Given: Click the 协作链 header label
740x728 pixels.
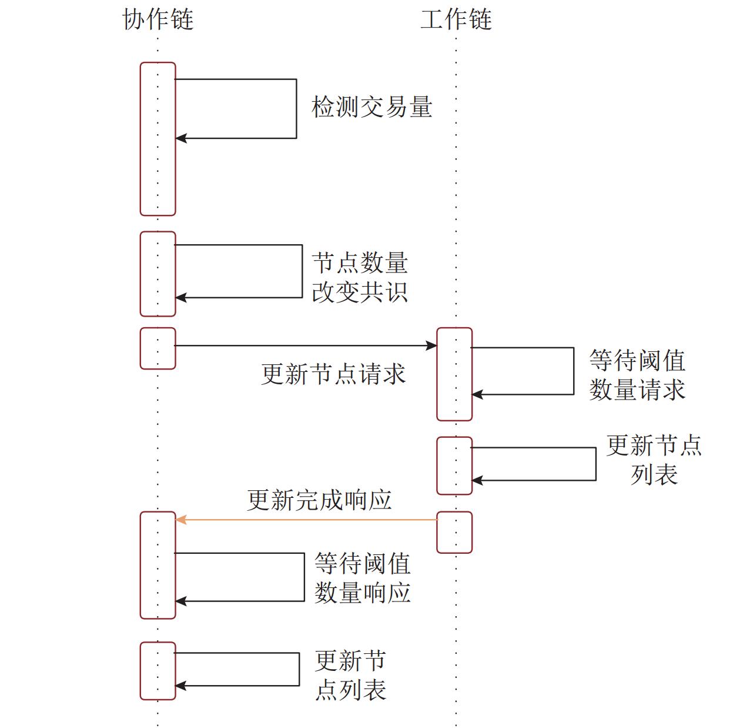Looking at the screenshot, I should coord(158,19).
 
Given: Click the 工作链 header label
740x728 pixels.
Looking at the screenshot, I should coord(456,19).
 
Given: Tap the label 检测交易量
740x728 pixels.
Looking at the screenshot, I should coord(371,107).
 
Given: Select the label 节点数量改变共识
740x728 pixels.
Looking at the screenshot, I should coord(360,277).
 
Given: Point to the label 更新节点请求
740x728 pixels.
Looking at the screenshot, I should coord(333,374).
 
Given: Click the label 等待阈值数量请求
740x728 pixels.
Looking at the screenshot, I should coord(637,375).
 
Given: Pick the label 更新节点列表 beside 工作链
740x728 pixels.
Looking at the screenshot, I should coord(654,460).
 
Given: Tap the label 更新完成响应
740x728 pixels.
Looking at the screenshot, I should coord(319,500).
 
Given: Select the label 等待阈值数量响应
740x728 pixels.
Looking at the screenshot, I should coord(362,578).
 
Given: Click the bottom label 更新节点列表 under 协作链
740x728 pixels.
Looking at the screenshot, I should coord(350,675).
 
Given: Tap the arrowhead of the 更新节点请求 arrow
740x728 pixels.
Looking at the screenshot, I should coord(431,345).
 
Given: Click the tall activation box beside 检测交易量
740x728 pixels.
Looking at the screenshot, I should coord(158,177).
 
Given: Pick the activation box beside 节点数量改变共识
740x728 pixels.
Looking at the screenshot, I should coord(158,274).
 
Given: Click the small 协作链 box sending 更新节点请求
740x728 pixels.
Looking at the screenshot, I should coord(158,348).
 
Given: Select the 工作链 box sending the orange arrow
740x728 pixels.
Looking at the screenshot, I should coord(454,532).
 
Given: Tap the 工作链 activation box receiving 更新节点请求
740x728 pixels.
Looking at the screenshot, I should coord(454,374).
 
